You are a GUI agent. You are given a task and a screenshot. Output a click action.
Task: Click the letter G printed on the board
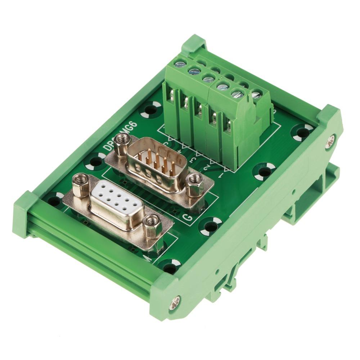187,217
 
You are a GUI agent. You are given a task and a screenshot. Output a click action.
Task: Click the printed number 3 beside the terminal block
193,159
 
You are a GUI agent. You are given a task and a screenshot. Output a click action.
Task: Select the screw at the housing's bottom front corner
175,299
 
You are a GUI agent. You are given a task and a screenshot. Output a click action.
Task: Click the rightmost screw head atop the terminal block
256,95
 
